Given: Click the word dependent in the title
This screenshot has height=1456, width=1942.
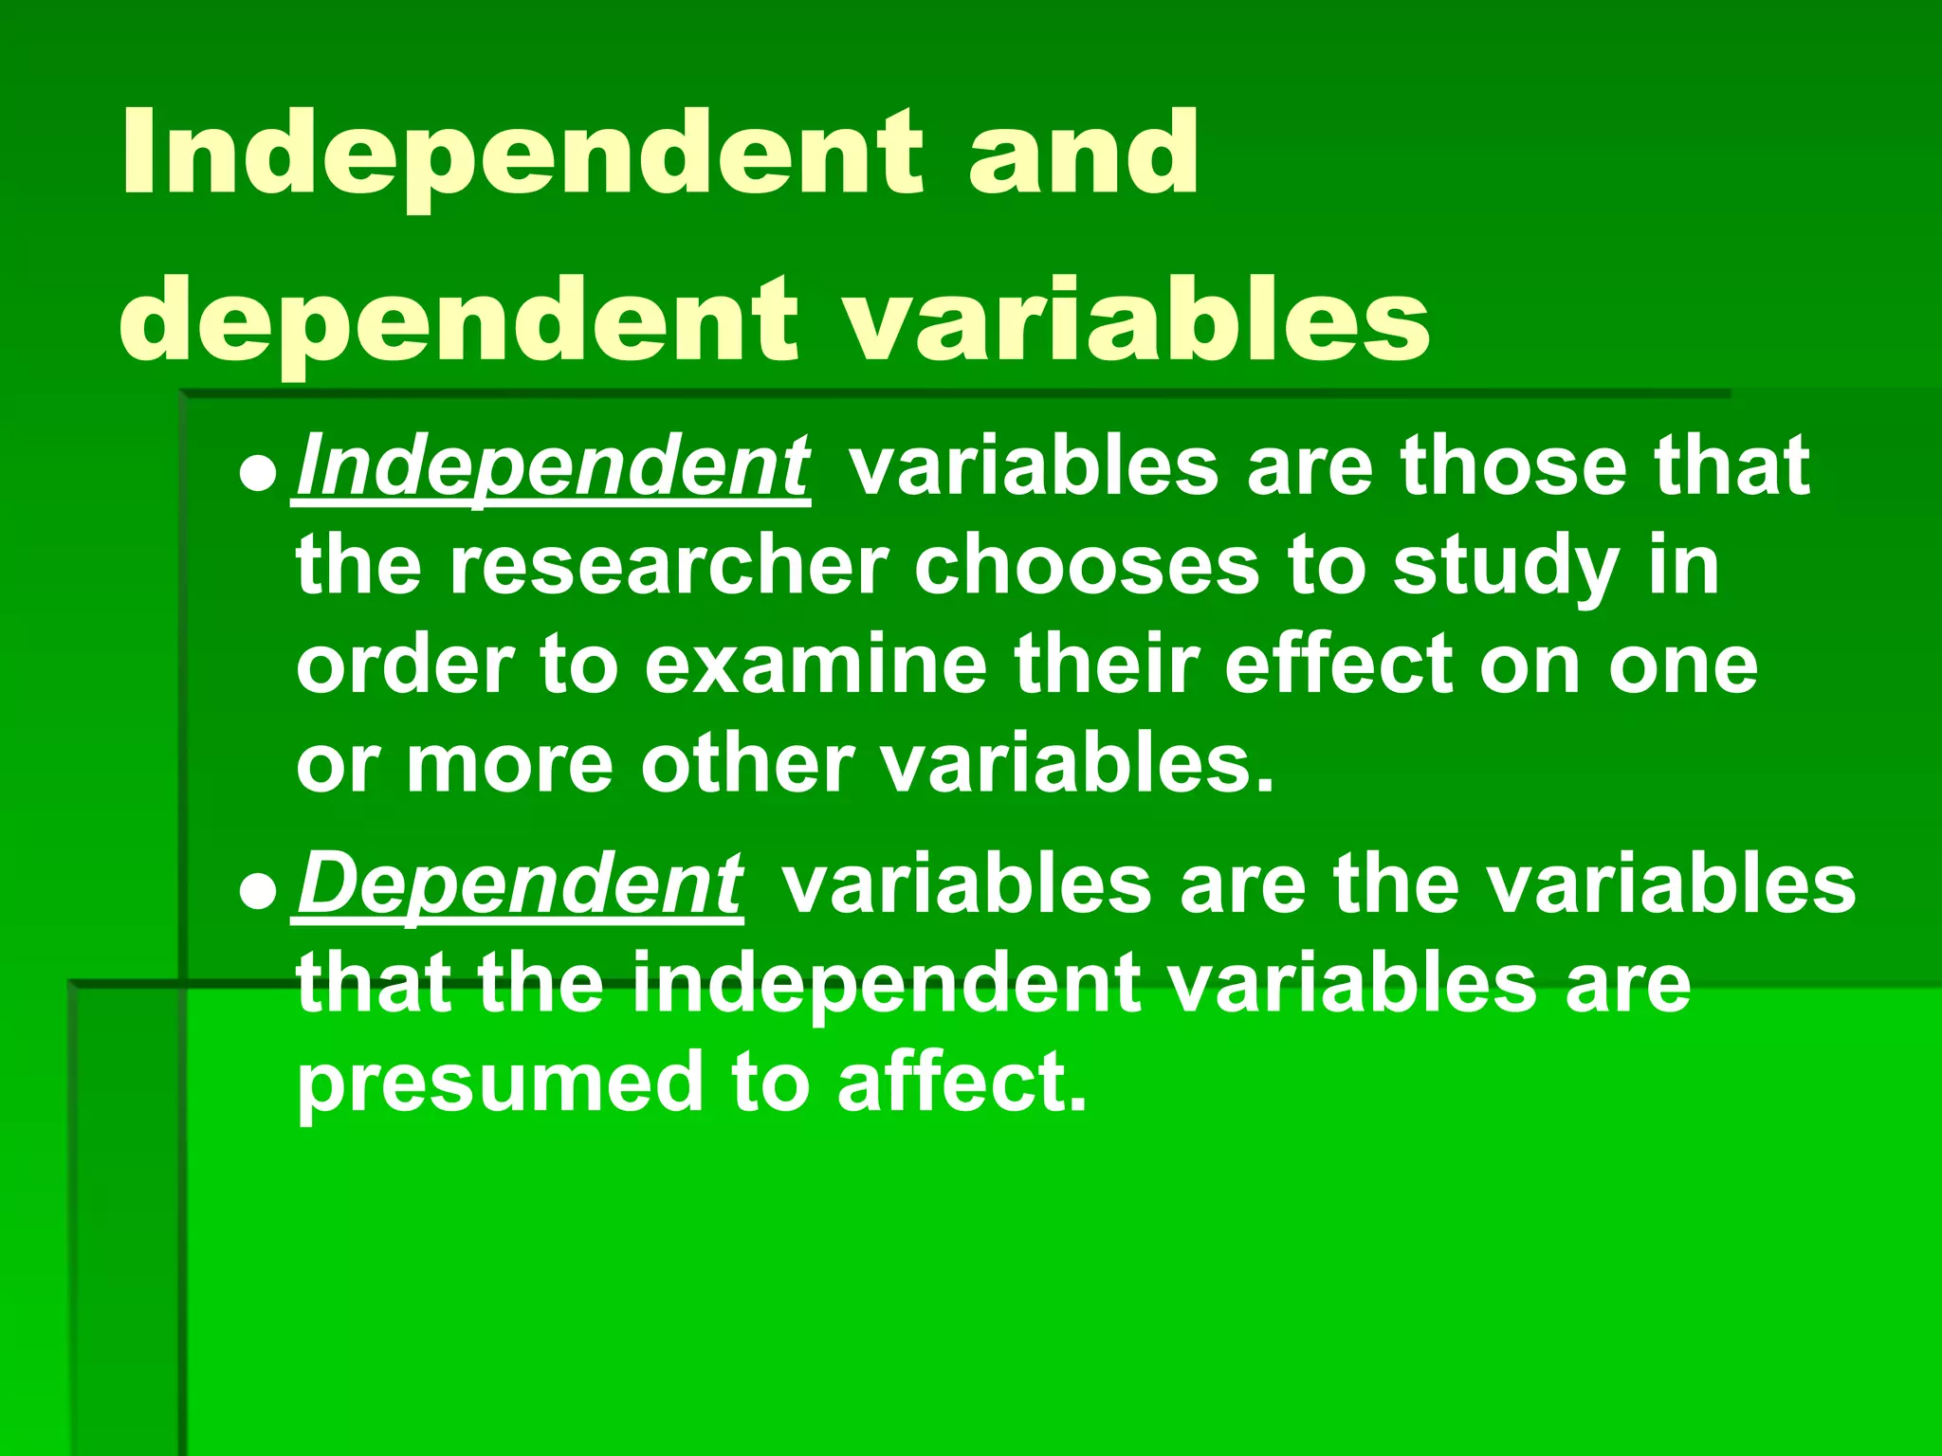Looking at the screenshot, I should [x=459, y=322].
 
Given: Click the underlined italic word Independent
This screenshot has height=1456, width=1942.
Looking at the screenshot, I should [x=552, y=466].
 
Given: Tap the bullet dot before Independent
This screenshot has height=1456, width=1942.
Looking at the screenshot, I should [x=257, y=473].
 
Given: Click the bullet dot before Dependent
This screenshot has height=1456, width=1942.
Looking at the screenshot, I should [x=257, y=892].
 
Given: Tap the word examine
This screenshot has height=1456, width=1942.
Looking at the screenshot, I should [x=816, y=665].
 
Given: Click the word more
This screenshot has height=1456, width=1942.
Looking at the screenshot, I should [x=510, y=764].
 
